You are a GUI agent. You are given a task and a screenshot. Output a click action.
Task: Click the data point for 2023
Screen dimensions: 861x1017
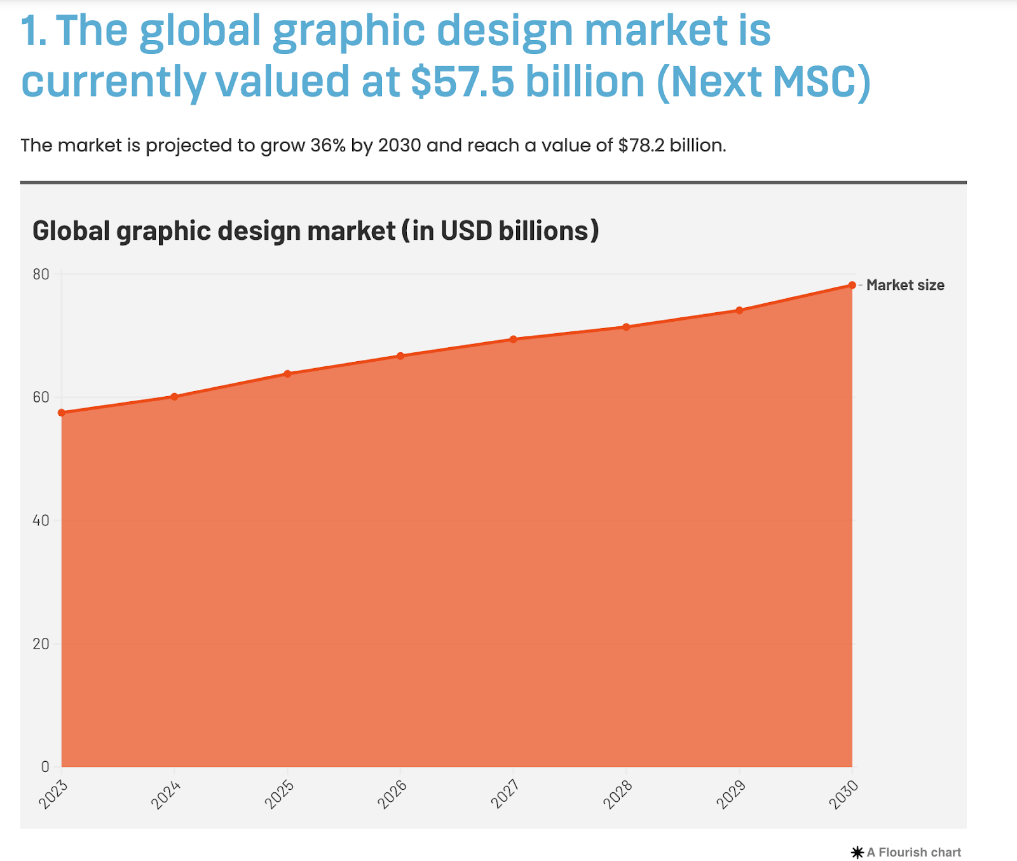[x=62, y=413]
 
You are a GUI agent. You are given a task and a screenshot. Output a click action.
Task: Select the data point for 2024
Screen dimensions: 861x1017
[x=174, y=397]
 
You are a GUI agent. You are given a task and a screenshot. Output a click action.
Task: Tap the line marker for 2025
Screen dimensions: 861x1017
[x=287, y=374]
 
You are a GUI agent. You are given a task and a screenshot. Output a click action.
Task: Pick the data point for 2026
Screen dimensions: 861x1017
[x=400, y=355]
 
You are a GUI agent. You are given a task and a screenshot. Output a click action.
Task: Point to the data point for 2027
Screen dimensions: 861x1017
[x=514, y=339]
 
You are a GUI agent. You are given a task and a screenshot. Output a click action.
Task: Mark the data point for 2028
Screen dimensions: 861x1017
[x=626, y=327]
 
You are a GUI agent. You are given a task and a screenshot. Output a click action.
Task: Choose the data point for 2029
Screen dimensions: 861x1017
[x=739, y=310]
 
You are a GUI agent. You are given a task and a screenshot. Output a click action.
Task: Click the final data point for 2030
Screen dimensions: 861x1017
[x=852, y=285]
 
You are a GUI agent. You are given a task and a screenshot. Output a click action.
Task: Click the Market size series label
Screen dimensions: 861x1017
[x=905, y=285]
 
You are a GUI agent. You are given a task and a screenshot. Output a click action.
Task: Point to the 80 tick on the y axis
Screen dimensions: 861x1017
[x=41, y=274]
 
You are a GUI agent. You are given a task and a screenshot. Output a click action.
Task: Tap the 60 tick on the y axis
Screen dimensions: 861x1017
[x=41, y=397]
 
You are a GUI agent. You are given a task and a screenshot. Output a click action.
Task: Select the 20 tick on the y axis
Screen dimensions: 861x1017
[x=41, y=644]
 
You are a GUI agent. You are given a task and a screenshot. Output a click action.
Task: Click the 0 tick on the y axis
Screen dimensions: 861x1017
[x=45, y=767]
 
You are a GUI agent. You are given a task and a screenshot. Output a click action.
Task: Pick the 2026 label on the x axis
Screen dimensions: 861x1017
[x=392, y=795]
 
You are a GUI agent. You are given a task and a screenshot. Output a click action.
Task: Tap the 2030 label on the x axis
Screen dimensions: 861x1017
[x=843, y=795]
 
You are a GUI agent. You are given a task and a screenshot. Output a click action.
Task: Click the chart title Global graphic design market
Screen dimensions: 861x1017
[x=315, y=231]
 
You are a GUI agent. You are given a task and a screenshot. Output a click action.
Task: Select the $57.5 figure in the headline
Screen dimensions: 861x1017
[x=462, y=82]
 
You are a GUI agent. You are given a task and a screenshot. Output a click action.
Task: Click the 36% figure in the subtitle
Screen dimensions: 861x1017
[x=328, y=146]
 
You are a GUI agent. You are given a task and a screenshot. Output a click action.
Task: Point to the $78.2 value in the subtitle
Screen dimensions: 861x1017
[x=641, y=146]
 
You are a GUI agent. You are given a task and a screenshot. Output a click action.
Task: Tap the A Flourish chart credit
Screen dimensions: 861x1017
[x=906, y=852]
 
